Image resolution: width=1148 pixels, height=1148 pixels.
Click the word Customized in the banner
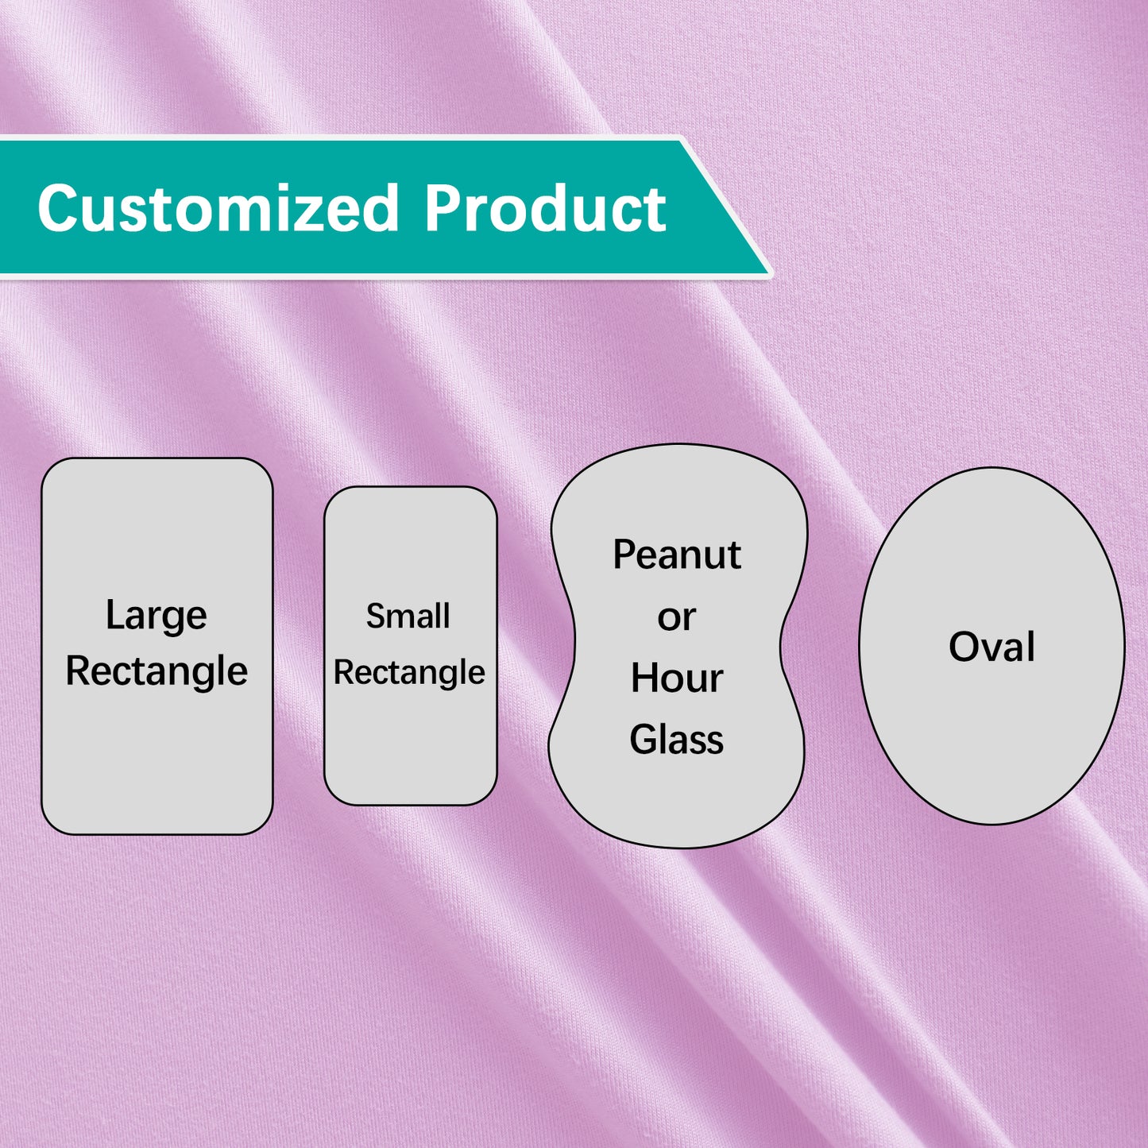[x=217, y=208]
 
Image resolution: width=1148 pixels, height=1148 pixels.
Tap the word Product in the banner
[x=545, y=208]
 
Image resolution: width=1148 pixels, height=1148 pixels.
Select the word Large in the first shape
[x=157, y=616]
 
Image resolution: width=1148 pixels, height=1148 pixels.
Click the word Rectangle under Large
[x=157, y=672]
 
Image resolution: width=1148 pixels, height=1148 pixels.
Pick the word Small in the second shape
[x=408, y=616]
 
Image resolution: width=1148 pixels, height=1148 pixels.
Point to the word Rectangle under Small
[x=409, y=673]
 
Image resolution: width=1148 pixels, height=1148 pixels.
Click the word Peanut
[x=677, y=555]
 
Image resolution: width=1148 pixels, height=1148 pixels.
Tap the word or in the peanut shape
[x=676, y=617]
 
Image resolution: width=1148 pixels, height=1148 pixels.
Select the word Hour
[x=677, y=678]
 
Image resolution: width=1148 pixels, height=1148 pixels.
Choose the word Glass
[x=677, y=740]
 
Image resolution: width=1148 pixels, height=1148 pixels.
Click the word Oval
[x=991, y=647]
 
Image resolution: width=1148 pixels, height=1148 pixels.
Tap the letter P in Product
[x=442, y=208]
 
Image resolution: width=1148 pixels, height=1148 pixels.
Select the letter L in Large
[x=114, y=615]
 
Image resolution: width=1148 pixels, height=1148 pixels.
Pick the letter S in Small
[x=375, y=616]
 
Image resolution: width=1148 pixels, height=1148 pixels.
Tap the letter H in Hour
[x=644, y=678]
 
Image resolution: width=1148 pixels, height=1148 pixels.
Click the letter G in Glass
[x=644, y=740]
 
